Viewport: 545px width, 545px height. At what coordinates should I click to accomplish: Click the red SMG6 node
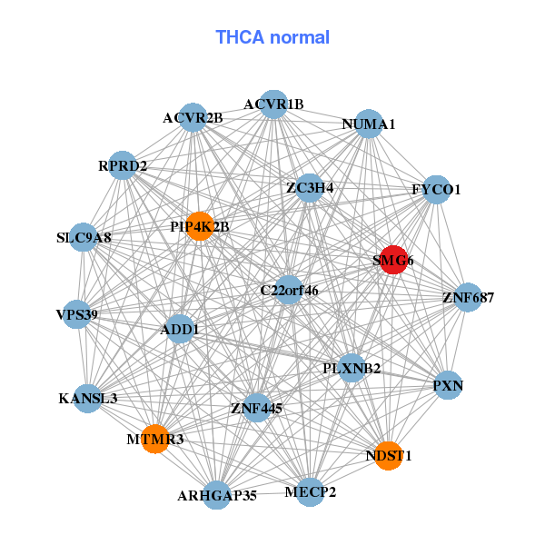[392, 259]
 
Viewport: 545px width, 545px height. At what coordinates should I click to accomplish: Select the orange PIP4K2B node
[200, 226]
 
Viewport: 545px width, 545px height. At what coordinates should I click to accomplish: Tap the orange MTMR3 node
[156, 439]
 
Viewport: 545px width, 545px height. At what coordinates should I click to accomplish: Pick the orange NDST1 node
[389, 454]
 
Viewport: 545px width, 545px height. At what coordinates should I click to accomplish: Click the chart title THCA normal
[272, 37]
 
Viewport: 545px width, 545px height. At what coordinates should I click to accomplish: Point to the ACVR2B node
[193, 117]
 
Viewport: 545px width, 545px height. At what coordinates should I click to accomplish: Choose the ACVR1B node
[273, 104]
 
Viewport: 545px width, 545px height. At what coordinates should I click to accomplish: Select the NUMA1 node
[368, 124]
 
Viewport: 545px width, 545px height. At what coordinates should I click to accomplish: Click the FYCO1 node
[437, 189]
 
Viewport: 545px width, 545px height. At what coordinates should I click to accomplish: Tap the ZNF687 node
[468, 297]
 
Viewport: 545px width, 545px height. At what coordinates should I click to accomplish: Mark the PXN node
[448, 385]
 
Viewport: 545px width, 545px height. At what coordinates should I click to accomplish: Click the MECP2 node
[310, 491]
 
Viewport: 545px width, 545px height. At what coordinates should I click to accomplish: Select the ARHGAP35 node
[216, 494]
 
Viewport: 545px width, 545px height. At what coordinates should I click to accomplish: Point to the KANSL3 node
[88, 397]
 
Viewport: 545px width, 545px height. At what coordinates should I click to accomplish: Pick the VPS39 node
[77, 314]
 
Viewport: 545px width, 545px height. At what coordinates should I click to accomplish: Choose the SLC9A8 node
[84, 238]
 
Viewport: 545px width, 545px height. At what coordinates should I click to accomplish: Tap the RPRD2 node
[123, 165]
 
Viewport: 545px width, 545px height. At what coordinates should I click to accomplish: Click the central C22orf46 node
[289, 291]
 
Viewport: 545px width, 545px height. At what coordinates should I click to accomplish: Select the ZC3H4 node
[310, 188]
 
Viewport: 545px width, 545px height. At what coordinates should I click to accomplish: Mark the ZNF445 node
[257, 408]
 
